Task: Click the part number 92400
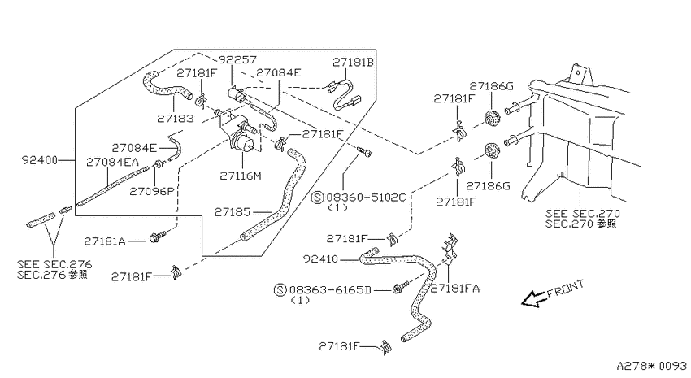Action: point(40,160)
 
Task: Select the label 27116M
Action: point(241,176)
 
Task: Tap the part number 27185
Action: point(233,212)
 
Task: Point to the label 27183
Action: point(175,119)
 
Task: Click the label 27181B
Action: point(353,63)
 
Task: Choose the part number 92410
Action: point(321,259)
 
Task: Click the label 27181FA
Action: point(455,289)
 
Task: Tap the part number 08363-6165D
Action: point(330,290)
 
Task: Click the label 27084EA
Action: point(112,162)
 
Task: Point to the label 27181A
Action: point(105,241)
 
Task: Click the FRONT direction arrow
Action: point(533,298)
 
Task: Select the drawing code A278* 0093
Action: point(651,366)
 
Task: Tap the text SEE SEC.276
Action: point(54,264)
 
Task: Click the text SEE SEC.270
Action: point(583,214)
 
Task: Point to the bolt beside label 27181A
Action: point(158,236)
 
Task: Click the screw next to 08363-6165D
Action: point(400,289)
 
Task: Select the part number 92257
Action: point(238,60)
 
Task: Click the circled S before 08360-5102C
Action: point(317,197)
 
